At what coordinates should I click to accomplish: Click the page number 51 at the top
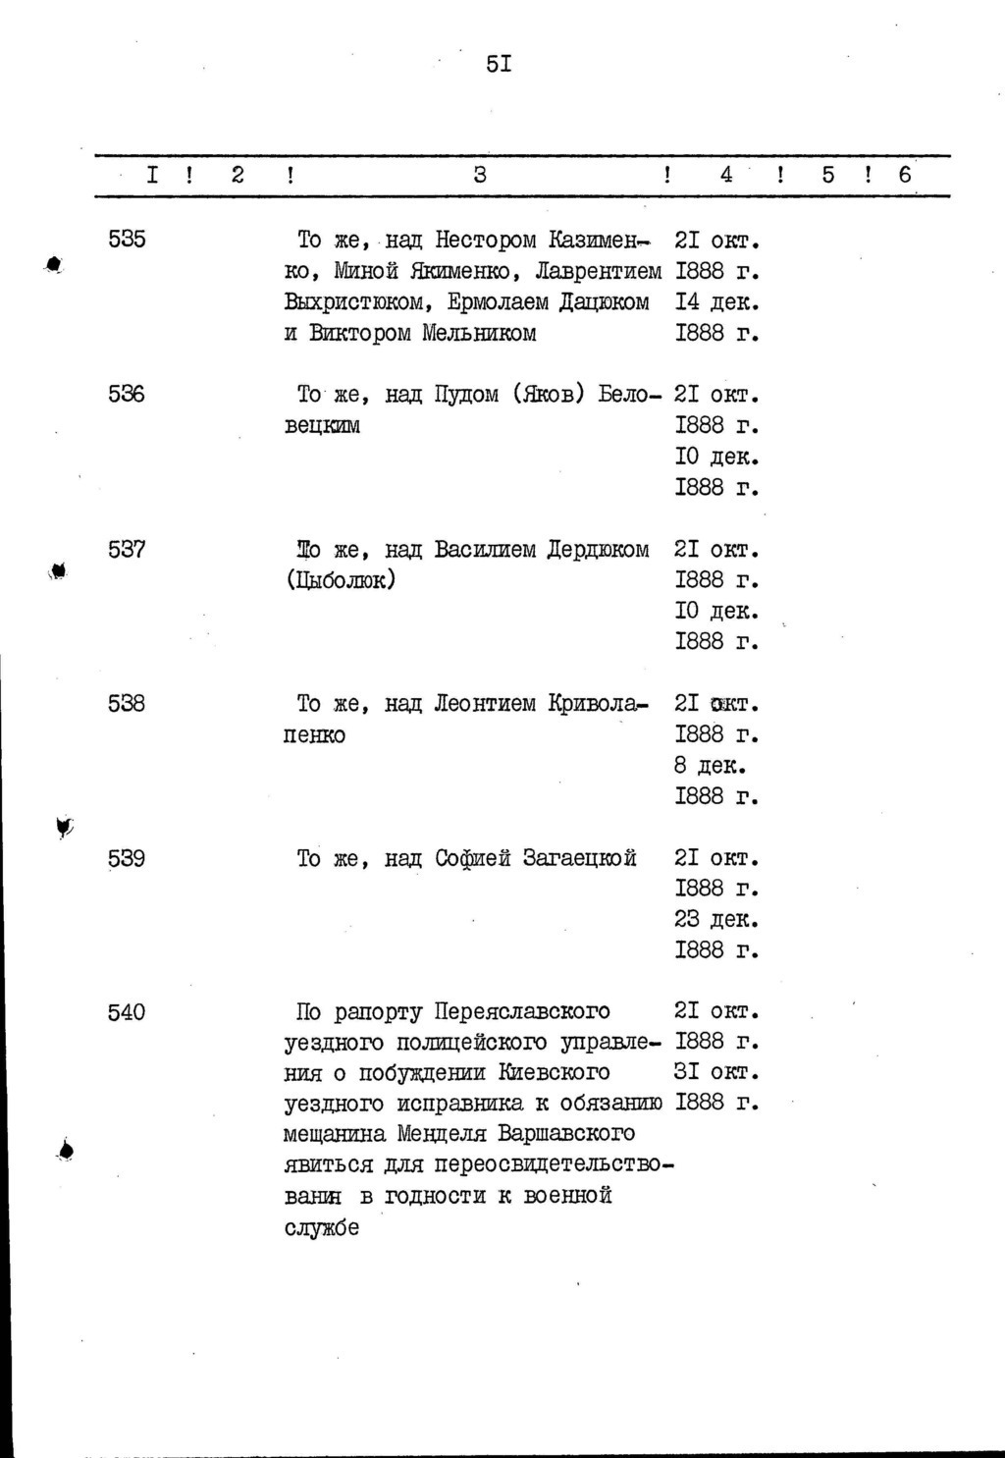click(x=499, y=66)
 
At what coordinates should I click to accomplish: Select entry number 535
click(x=127, y=240)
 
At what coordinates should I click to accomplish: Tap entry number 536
click(x=127, y=395)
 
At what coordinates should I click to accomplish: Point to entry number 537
click(x=127, y=550)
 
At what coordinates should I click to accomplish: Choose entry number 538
click(x=127, y=704)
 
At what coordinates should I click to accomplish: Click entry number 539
click(x=127, y=859)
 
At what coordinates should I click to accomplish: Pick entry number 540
click(x=127, y=1012)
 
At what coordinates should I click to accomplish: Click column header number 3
click(x=480, y=176)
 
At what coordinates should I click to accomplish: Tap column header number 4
click(x=726, y=176)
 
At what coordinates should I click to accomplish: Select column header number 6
click(x=905, y=176)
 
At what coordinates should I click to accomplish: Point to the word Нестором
click(x=486, y=240)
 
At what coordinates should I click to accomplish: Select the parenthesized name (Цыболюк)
click(x=341, y=580)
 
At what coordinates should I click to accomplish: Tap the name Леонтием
click(x=485, y=704)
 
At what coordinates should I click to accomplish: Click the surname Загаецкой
click(x=579, y=859)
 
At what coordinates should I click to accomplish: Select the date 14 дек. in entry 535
click(x=717, y=302)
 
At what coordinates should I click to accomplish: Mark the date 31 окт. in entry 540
click(x=717, y=1071)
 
